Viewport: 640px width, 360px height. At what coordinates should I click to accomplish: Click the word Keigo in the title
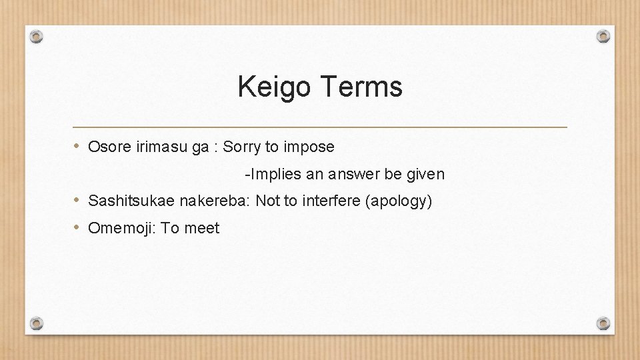tap(274, 87)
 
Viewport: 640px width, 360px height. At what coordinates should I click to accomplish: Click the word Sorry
tap(241, 147)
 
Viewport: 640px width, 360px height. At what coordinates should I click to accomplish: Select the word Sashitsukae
tap(126, 201)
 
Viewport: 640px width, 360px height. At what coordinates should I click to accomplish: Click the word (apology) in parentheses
tap(399, 201)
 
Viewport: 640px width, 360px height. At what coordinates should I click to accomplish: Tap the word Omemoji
tap(120, 229)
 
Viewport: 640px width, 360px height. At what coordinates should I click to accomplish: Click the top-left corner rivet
tap(37, 36)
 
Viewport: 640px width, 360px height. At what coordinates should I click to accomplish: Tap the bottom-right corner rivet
tap(603, 323)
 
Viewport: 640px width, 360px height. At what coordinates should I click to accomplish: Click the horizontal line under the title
tap(320, 127)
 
